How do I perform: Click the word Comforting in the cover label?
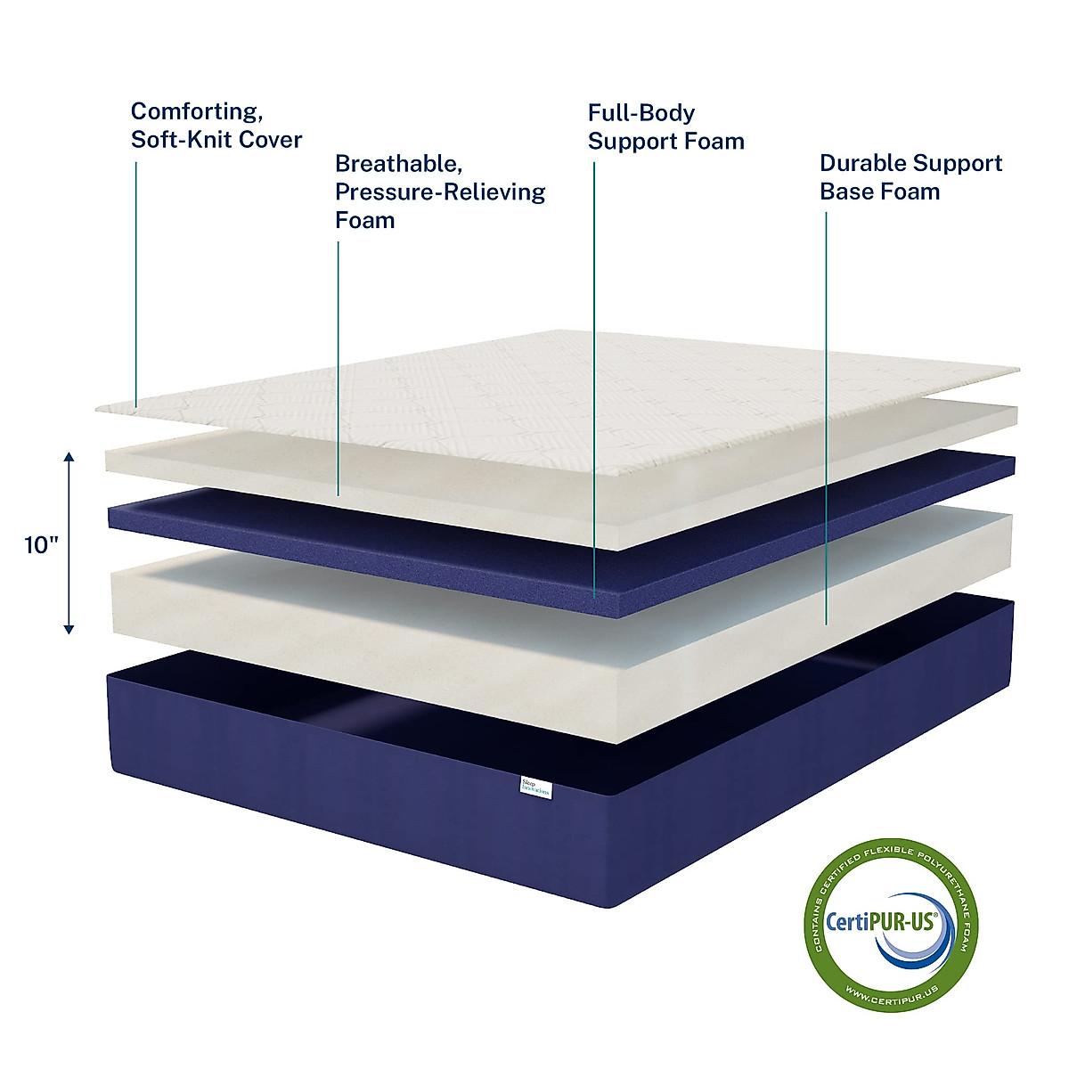point(195,112)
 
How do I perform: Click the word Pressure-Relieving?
point(440,192)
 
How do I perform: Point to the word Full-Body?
point(641,113)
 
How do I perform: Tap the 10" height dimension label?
point(41,545)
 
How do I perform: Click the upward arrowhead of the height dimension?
point(69,458)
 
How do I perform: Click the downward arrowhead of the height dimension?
point(69,629)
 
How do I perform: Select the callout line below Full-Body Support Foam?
point(594,374)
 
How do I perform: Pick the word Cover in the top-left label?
point(273,140)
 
